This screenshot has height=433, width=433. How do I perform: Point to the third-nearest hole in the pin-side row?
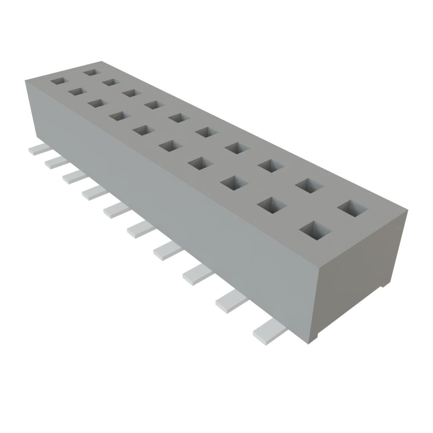pos(234,183)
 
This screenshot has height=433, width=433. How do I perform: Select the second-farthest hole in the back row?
pos(111,82)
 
